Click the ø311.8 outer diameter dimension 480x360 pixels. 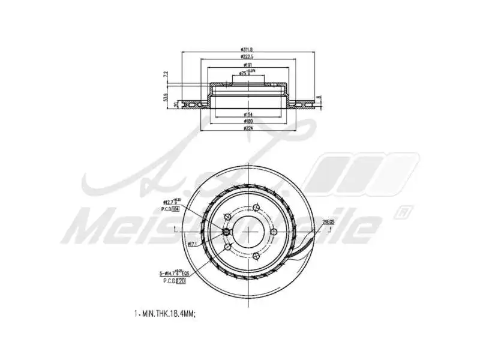(247, 50)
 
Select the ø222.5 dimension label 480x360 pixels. (247, 58)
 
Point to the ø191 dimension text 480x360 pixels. (247, 65)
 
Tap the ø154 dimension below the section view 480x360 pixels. (247, 113)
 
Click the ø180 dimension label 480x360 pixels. (247, 121)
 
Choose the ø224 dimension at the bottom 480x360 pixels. (247, 128)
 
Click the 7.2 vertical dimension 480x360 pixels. (166, 75)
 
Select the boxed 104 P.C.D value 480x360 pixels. (176, 209)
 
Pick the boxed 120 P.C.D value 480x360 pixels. (181, 280)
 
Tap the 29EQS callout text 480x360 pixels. (328, 223)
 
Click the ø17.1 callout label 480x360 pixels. (193, 244)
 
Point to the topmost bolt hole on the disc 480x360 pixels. (254, 209)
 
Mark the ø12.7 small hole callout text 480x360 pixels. (170, 202)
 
